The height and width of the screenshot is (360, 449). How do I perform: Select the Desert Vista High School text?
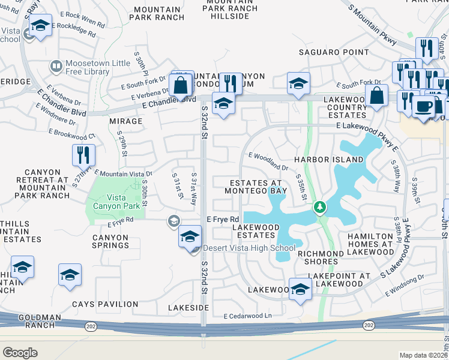(x=249, y=248)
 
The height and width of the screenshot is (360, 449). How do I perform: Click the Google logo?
(x=20, y=353)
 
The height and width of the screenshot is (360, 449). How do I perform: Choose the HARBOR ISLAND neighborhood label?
(x=328, y=160)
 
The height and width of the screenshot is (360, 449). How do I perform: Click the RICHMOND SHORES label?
(x=321, y=258)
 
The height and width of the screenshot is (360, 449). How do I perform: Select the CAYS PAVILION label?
(x=101, y=304)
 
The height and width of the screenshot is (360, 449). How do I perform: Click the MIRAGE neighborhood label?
(x=126, y=121)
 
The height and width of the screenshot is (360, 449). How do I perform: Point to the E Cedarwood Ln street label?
(x=247, y=316)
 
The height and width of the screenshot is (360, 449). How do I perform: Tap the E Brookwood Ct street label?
(x=74, y=131)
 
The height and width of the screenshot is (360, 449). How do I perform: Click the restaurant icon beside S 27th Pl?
(x=83, y=155)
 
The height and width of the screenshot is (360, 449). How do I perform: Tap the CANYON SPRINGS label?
(x=110, y=241)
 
